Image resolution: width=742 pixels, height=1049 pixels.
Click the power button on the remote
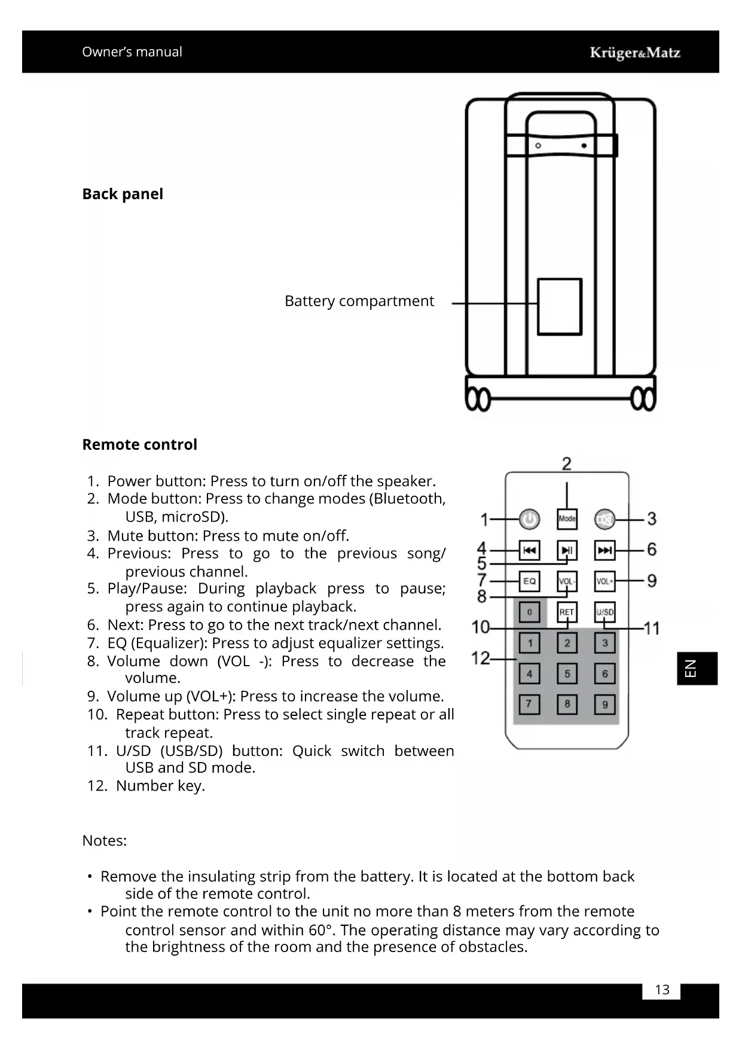point(529,519)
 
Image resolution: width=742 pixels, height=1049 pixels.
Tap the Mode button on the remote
point(567,519)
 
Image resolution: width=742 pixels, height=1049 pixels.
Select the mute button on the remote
point(604,520)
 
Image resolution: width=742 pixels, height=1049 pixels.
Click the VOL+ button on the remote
point(604,581)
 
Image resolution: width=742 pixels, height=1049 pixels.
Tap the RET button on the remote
point(567,612)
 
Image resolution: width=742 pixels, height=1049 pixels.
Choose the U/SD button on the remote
point(604,612)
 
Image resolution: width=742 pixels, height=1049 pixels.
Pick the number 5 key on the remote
point(567,673)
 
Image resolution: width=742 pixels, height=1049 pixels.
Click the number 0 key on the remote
point(529,612)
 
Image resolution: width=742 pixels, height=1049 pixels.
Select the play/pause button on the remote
point(567,550)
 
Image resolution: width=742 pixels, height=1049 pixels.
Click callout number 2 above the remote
point(567,463)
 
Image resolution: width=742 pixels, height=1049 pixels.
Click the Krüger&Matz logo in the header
point(635,53)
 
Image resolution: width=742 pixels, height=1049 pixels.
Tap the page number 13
point(662,990)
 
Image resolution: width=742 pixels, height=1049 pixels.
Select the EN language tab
point(697,668)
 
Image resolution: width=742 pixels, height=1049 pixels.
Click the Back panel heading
point(123,194)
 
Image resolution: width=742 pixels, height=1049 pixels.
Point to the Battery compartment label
point(359,301)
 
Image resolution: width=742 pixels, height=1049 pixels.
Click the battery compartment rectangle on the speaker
point(560,306)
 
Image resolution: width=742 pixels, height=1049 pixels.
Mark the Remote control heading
point(139,444)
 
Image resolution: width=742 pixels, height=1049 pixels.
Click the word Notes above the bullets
point(104,840)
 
